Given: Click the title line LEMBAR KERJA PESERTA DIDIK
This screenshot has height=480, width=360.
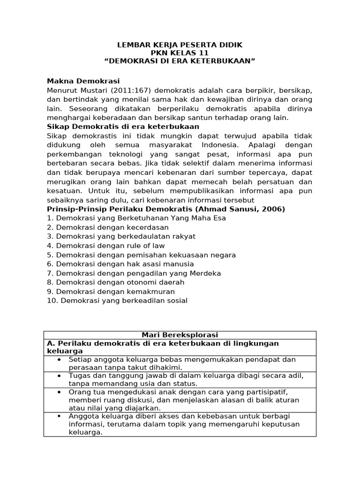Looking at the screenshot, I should (180, 45).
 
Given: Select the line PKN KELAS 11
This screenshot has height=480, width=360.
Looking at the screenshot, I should (180, 53).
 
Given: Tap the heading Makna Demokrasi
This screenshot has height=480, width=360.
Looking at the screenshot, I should (83, 81).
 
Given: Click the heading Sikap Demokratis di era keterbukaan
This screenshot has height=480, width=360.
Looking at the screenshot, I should (123, 127).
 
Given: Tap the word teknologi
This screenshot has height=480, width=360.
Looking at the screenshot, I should (118, 154).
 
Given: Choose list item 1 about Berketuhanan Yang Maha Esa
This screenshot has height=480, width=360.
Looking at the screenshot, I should (136, 218).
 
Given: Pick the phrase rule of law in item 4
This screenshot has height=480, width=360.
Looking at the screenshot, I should (145, 246).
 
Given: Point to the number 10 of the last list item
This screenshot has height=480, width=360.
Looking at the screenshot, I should (51, 300).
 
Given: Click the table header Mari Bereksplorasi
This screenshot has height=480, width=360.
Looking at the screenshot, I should (180, 335).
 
